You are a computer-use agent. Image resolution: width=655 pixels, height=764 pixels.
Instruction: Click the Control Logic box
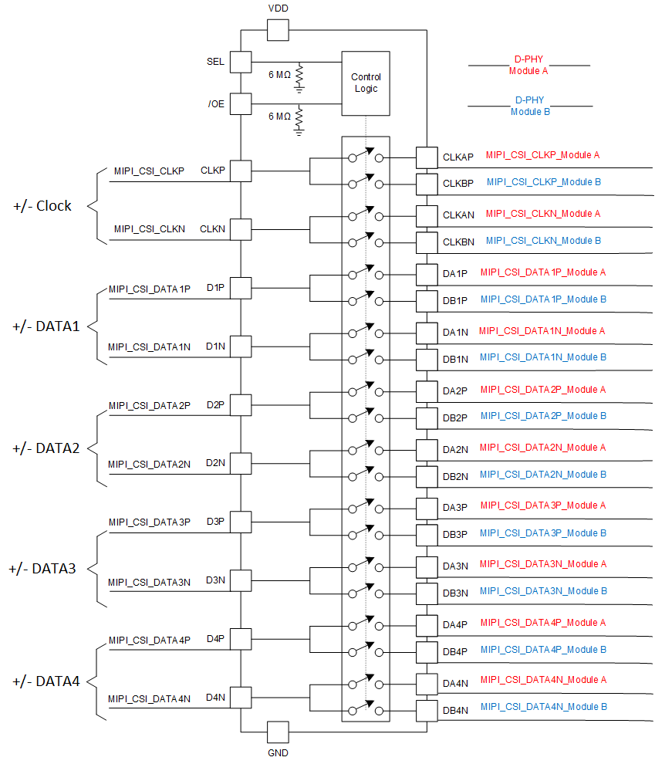[366, 83]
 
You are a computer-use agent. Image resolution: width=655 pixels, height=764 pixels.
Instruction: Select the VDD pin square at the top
[277, 31]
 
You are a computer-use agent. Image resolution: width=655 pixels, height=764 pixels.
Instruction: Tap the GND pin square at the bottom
[277, 732]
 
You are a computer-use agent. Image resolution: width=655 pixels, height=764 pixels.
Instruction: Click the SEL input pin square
[241, 62]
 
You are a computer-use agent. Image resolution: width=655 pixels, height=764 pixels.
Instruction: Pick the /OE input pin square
[241, 103]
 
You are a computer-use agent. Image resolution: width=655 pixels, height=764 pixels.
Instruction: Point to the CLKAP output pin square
[427, 157]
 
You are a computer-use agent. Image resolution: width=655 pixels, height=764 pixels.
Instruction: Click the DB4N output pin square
[427, 710]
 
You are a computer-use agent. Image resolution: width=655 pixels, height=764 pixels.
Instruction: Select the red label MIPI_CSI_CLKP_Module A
[542, 155]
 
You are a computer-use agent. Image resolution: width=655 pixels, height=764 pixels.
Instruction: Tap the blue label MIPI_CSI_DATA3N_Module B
[543, 591]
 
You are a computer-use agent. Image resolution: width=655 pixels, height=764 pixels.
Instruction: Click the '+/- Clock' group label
[42, 206]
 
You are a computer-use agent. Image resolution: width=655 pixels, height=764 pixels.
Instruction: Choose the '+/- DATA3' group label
[42, 569]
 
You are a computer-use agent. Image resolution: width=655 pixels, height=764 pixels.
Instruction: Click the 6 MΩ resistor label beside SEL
[279, 75]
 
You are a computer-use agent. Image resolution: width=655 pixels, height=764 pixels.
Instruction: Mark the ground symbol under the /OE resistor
[299, 132]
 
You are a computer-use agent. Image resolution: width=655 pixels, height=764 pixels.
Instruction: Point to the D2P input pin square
[241, 404]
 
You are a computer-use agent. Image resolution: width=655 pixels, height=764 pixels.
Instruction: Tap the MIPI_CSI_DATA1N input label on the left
[149, 347]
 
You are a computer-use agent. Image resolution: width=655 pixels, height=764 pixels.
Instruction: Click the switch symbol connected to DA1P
[366, 273]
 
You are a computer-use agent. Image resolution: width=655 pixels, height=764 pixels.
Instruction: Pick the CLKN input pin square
[241, 229]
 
